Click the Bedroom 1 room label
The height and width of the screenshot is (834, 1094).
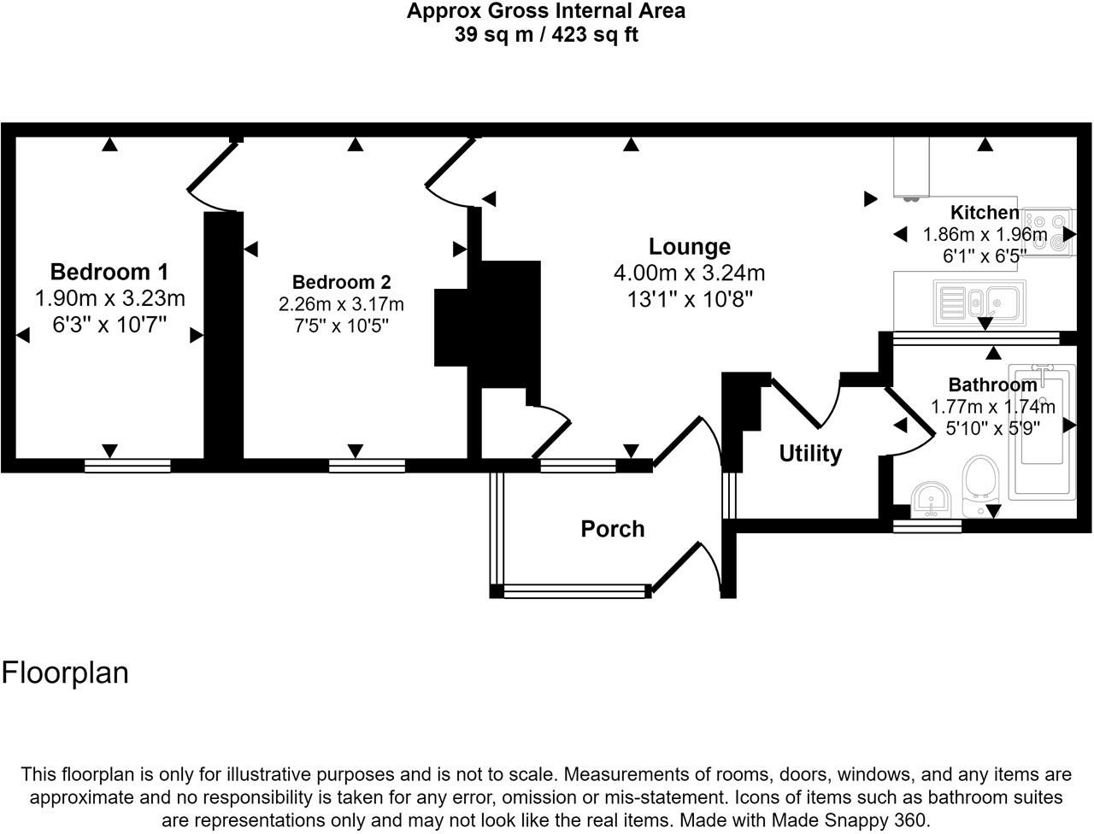tap(109, 272)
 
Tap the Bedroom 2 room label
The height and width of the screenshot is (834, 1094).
tap(341, 282)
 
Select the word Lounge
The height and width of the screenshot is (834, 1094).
tap(689, 247)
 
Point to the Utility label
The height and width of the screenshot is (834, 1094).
tap(810, 454)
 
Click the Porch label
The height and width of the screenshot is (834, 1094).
tap(613, 529)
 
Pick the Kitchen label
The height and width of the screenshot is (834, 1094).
tap(985, 213)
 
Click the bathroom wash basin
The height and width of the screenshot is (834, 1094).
tap(932, 500)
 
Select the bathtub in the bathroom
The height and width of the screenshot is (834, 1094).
tap(1042, 432)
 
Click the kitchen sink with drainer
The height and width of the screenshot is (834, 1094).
tap(979, 302)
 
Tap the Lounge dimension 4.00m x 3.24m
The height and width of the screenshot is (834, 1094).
tap(689, 273)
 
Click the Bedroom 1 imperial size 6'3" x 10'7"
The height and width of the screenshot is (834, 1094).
tap(109, 325)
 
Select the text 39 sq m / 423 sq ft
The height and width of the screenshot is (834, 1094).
tap(546, 35)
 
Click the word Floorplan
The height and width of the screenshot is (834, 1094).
tap(65, 672)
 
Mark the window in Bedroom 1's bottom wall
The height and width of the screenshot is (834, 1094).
tap(127, 466)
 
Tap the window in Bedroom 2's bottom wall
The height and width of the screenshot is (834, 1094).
tap(367, 466)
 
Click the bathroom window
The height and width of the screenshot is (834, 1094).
tap(927, 526)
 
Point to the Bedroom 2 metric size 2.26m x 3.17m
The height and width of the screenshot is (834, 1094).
tap(341, 304)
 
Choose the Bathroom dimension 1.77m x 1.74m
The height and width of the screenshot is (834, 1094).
tap(993, 407)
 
